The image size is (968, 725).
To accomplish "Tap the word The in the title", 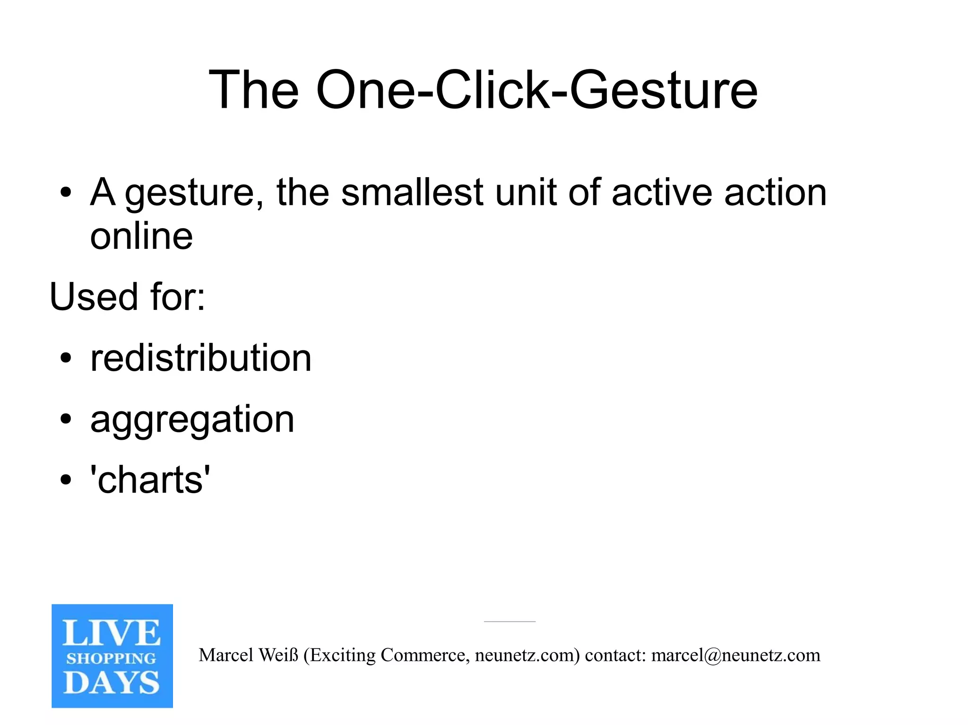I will (253, 90).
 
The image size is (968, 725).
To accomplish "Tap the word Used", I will (94, 297).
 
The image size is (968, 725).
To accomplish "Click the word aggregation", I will (192, 419).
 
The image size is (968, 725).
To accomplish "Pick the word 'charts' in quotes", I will (150, 480).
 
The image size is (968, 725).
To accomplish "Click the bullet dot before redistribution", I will (66, 358).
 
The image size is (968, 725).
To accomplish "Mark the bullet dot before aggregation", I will (66, 419).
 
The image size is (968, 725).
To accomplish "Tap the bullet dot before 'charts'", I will (66, 480).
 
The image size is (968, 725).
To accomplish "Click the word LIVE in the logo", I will (112, 633).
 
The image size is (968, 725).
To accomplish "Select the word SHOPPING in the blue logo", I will (112, 658).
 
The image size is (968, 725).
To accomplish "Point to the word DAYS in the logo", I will (112, 682).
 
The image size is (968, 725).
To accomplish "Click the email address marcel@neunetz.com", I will (735, 655).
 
